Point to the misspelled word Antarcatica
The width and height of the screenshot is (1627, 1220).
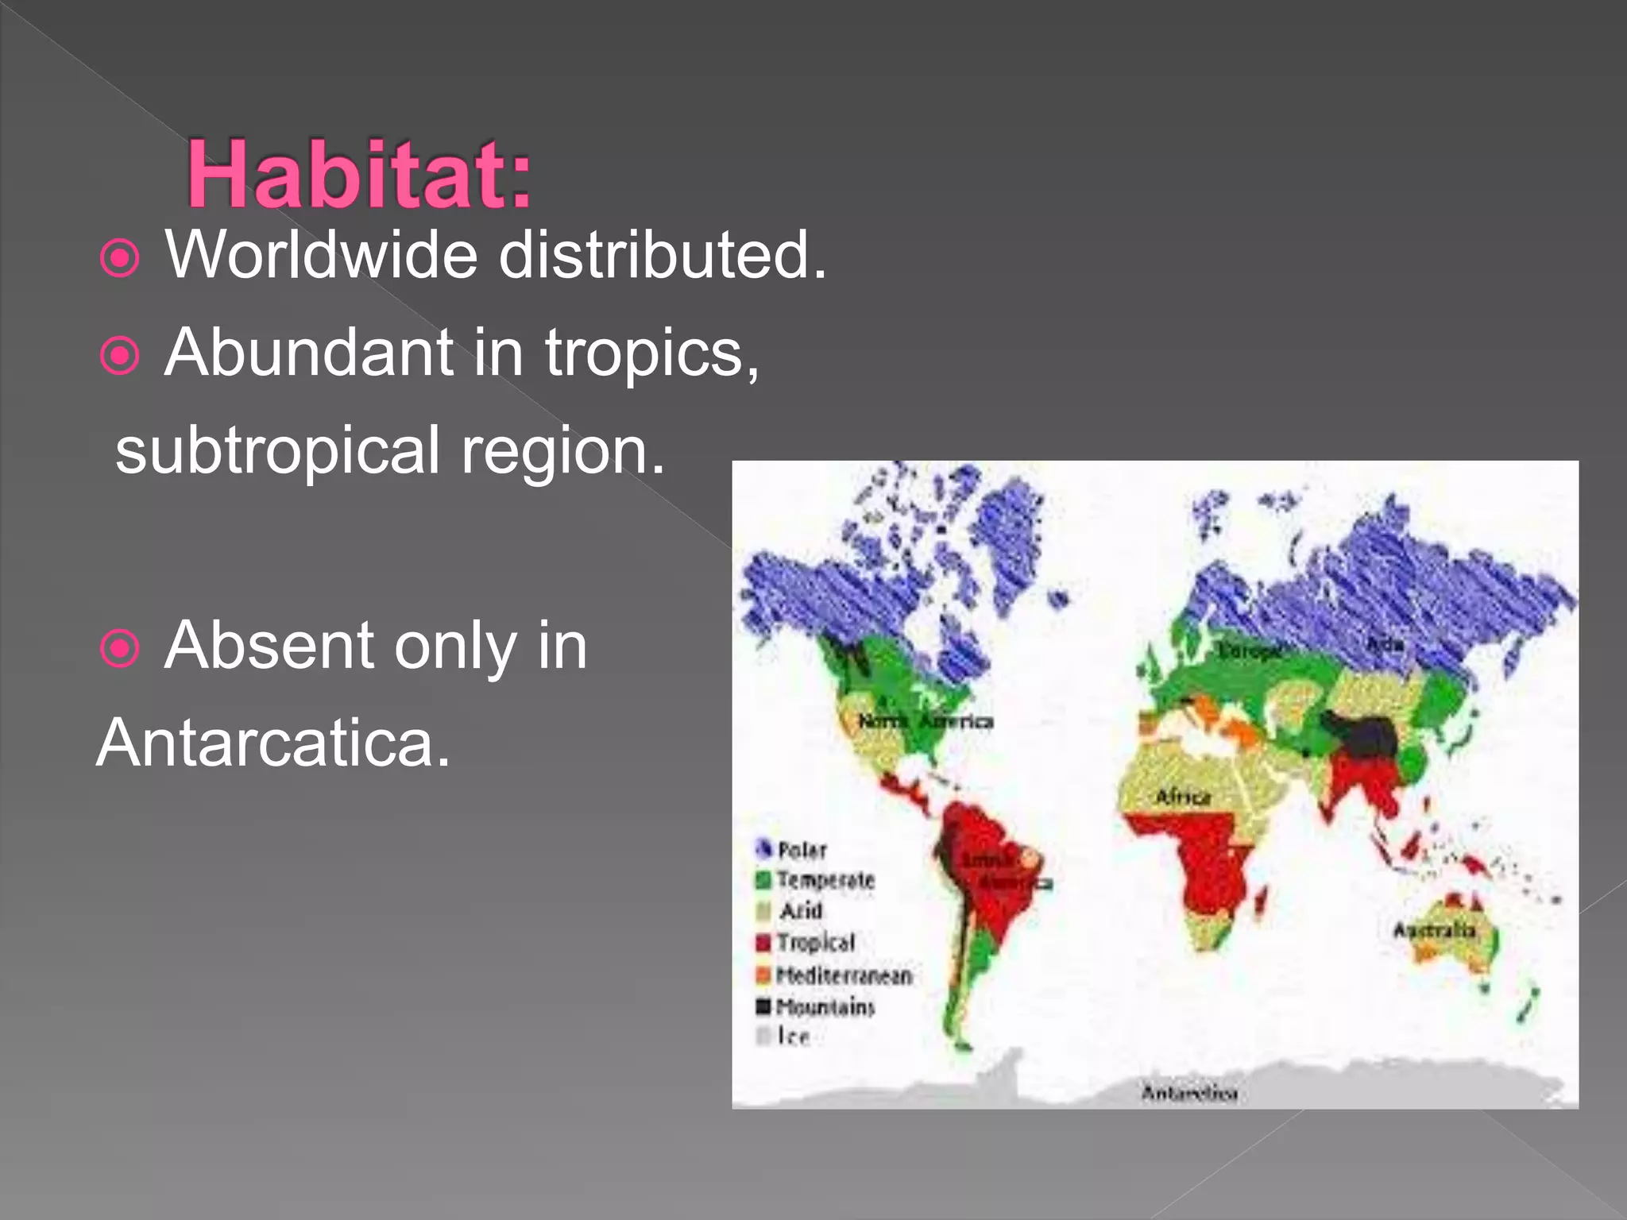(273, 743)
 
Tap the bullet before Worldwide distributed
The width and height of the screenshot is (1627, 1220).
(121, 259)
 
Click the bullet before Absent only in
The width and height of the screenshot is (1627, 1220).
(121, 649)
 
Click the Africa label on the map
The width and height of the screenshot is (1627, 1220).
(1183, 797)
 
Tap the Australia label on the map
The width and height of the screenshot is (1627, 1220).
(1433, 930)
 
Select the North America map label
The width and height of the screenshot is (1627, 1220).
(926, 721)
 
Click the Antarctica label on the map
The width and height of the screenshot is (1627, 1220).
(1189, 1094)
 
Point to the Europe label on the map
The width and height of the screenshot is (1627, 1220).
(1250, 651)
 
